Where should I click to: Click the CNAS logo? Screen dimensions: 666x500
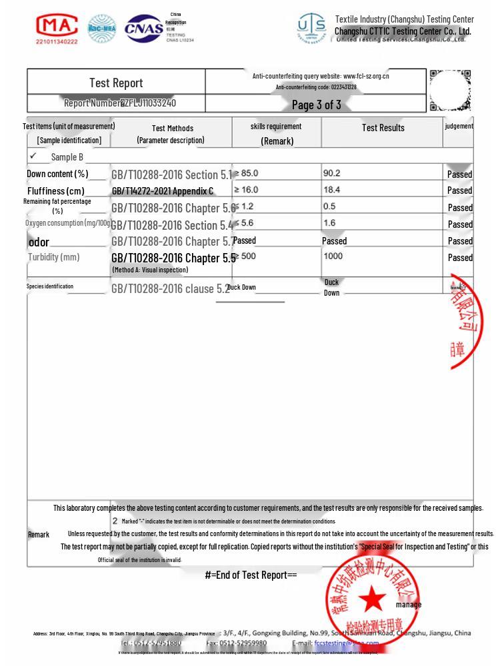click(145, 28)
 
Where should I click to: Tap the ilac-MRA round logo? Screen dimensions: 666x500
click(102, 28)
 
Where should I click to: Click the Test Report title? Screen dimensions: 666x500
click(116, 83)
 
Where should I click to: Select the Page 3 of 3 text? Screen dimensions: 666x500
click(316, 105)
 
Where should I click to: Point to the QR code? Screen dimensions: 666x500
click(450, 90)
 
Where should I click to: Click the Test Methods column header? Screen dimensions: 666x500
click(172, 128)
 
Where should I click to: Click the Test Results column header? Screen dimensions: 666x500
click(383, 128)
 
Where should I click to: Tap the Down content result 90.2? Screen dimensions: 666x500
click(331, 173)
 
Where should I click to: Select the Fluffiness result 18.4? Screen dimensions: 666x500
click(331, 190)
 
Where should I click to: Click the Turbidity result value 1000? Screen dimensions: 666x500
click(333, 256)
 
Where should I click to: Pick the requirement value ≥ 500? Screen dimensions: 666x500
click(245, 256)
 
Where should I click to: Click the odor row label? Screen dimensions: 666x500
click(39, 242)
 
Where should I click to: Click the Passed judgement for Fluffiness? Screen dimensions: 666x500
click(459, 190)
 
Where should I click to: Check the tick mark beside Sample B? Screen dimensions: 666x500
click(33, 156)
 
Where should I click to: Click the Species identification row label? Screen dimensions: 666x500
click(50, 286)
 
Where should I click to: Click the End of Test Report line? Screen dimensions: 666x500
click(251, 575)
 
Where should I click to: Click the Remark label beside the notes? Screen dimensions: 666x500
click(39, 534)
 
